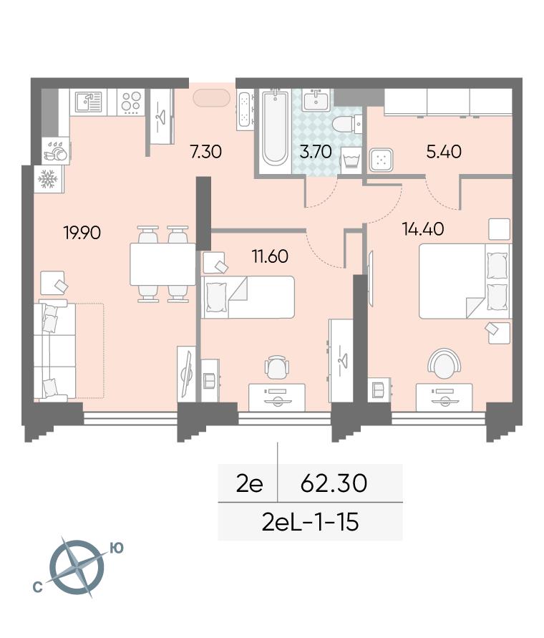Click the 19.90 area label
pyautogui.click(x=82, y=233)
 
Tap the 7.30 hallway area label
pyautogui.click(x=206, y=152)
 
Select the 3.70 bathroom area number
pyautogui.click(x=316, y=152)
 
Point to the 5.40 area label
pyautogui.click(x=444, y=152)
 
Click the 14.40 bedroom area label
pyautogui.click(x=423, y=228)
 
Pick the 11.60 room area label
pyautogui.click(x=270, y=256)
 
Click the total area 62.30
pyautogui.click(x=334, y=483)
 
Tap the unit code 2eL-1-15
pyautogui.click(x=311, y=522)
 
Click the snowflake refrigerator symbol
pyautogui.click(x=48, y=178)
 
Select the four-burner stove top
pyautogui.click(x=132, y=102)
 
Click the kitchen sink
pyautogui.click(x=88, y=102)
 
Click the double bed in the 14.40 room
pyautogui.click(x=465, y=281)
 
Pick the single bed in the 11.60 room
pyautogui.click(x=248, y=297)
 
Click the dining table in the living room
pyautogui.click(x=162, y=264)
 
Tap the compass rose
pyautogui.click(x=77, y=566)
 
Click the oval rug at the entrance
pyautogui.click(x=212, y=97)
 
